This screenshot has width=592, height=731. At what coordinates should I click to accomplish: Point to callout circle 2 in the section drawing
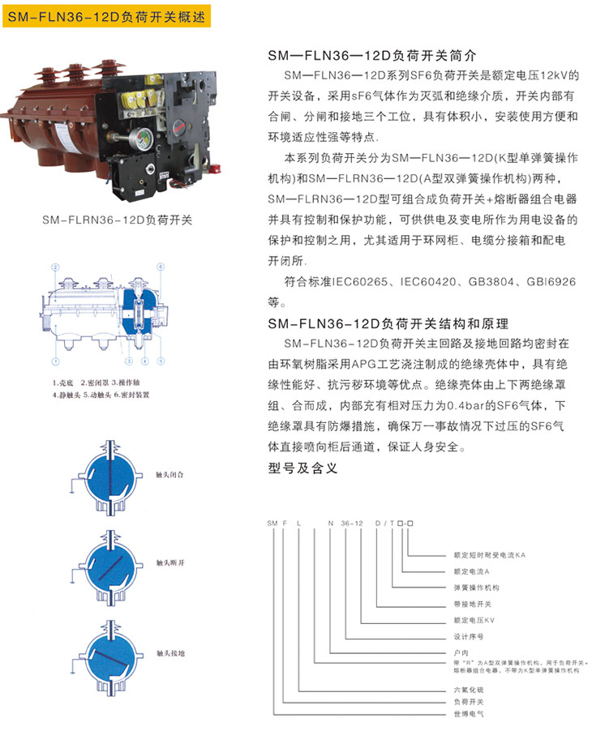pos(55,267)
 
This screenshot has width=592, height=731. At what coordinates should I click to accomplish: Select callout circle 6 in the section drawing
pos(161,267)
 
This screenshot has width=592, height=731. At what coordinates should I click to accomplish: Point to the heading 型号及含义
pos(302,468)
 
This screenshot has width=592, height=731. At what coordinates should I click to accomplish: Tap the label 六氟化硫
pos(468,689)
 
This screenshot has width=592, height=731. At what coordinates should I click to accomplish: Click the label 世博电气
pos(468,714)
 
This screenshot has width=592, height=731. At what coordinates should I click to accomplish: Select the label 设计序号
pos(468,637)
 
